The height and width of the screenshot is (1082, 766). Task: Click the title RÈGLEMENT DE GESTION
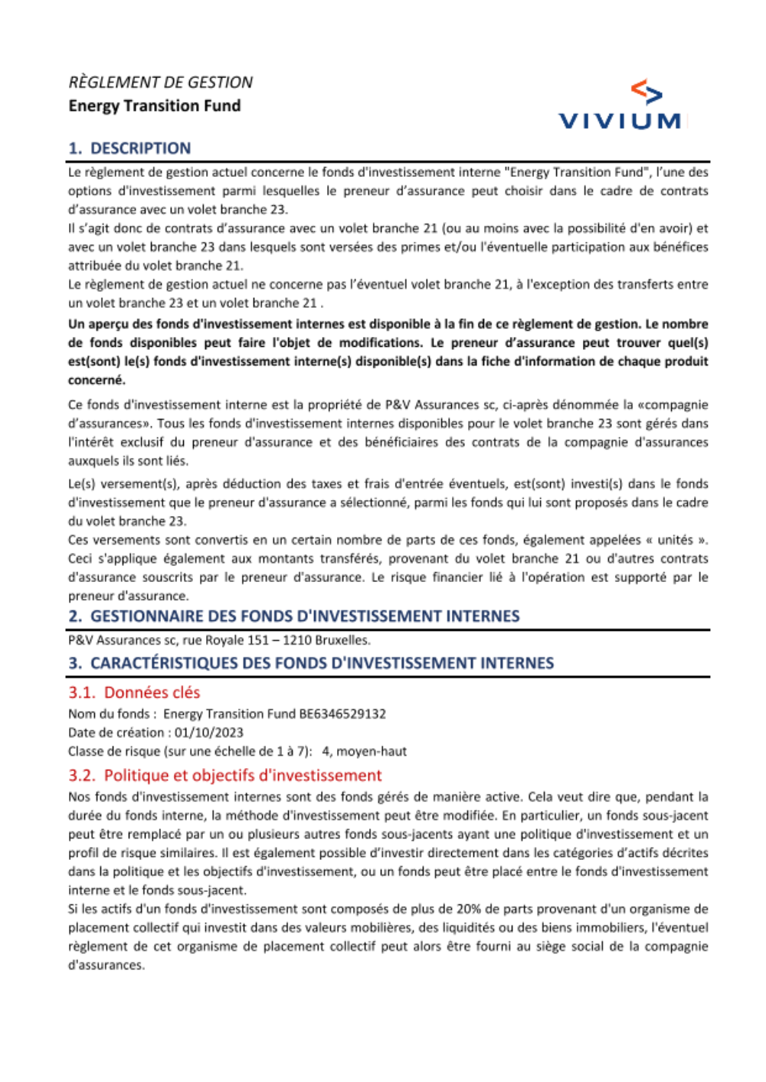[x=160, y=83]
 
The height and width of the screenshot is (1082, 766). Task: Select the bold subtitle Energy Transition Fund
[x=154, y=106]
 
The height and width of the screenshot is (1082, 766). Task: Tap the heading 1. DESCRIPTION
[x=129, y=149]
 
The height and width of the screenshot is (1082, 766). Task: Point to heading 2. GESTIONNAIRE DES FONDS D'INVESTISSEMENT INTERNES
[x=293, y=616]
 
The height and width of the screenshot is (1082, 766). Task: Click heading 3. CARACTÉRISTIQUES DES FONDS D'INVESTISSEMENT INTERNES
[x=311, y=663]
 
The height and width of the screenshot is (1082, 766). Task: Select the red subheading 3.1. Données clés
[x=134, y=693]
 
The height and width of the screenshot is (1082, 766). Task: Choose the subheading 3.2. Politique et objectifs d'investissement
[x=225, y=776]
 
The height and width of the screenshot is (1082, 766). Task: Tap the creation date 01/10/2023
[x=208, y=733]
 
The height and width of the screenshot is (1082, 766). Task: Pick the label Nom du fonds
[x=109, y=714]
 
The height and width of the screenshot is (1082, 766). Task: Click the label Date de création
[x=116, y=733]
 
